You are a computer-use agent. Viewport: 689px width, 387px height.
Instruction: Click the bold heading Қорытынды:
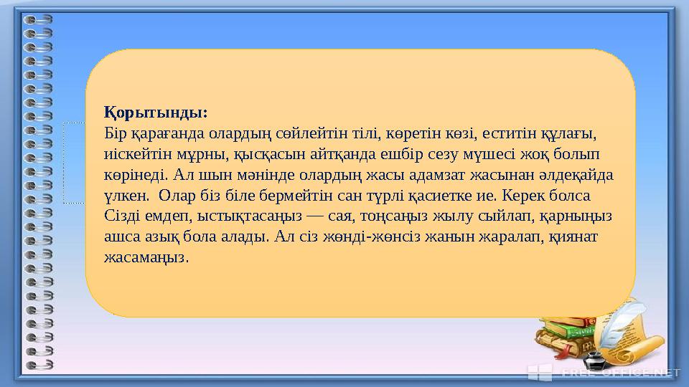(156, 113)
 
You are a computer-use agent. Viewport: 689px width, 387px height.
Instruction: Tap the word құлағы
(570, 133)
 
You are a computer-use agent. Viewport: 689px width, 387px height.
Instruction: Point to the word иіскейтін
(133, 154)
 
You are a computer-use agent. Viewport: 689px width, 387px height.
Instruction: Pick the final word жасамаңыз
(146, 257)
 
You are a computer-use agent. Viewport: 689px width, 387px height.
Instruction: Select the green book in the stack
(567, 331)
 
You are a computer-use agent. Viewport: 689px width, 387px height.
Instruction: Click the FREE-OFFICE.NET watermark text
(620, 372)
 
